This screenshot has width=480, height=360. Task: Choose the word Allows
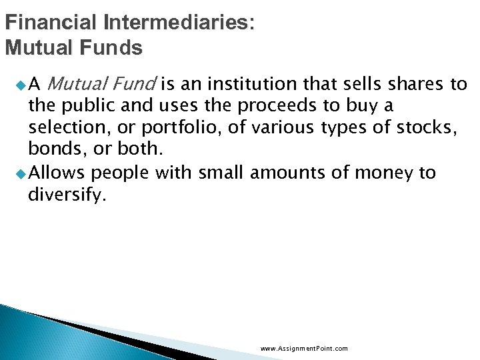point(57,173)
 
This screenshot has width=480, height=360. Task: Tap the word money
point(385,173)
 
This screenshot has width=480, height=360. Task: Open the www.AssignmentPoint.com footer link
point(304,349)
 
